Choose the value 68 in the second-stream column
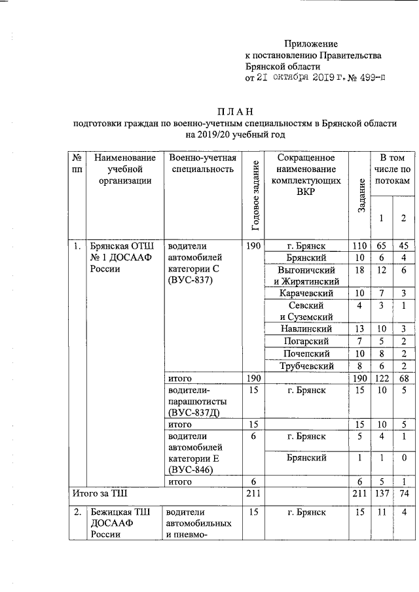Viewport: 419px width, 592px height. pos(403,379)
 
